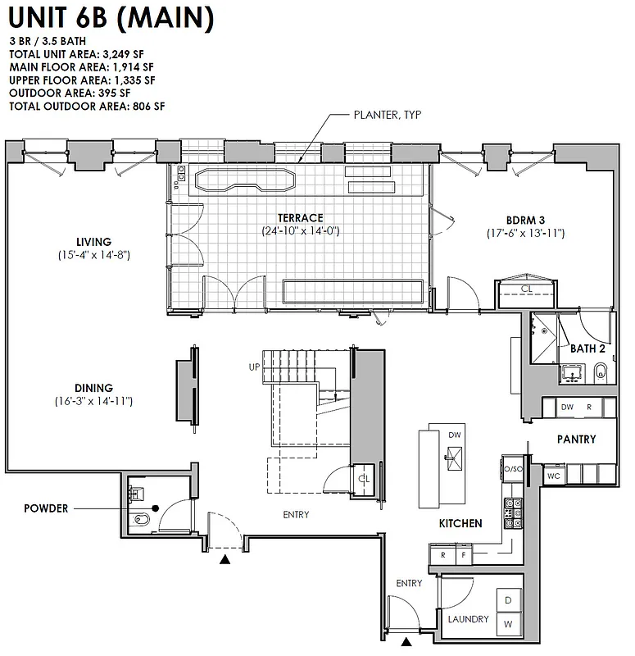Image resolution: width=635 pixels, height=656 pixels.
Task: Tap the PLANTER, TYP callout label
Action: click(387, 116)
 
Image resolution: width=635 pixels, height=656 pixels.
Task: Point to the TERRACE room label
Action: click(300, 218)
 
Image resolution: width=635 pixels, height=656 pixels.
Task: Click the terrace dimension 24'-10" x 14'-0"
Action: click(300, 231)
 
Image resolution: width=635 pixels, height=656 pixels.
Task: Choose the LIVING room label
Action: click(93, 242)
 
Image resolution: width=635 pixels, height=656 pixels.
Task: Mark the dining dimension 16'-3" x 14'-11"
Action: click(90, 402)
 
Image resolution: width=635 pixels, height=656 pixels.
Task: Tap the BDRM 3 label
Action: click(524, 220)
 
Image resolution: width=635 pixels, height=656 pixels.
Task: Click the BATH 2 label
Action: click(587, 348)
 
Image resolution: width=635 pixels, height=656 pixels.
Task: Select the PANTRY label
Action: click(576, 440)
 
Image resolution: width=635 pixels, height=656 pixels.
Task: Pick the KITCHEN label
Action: click(460, 523)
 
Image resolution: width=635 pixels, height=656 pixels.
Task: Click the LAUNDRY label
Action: click(468, 619)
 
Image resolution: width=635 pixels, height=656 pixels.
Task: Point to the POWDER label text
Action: click(46, 508)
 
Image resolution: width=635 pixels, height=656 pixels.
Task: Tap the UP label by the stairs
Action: click(254, 367)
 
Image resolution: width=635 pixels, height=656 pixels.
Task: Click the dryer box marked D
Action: click(509, 601)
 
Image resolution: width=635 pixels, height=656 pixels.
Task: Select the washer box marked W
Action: click(509, 625)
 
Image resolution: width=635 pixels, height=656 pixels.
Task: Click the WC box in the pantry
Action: click(552, 475)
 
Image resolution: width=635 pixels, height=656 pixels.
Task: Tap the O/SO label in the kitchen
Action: click(512, 468)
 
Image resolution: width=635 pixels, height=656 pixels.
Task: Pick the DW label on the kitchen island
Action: click(455, 435)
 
